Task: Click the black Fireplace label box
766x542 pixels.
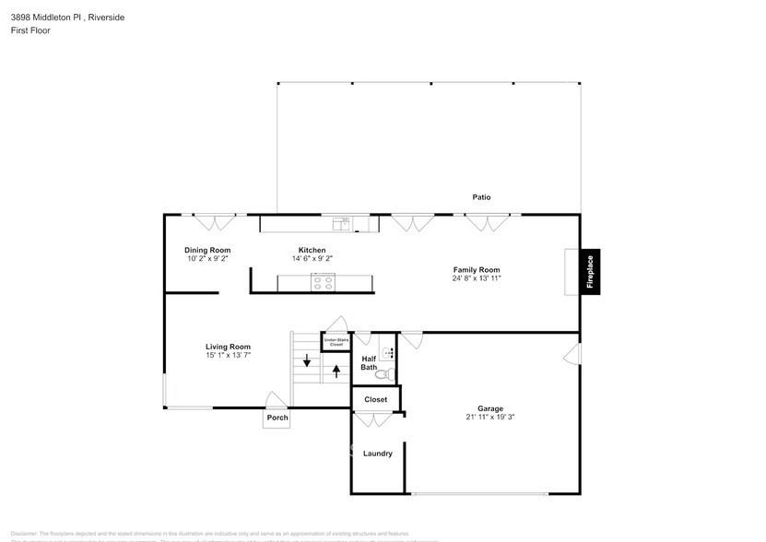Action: tap(591, 272)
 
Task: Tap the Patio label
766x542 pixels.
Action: tap(481, 197)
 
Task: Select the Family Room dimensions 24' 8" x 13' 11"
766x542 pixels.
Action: tap(476, 278)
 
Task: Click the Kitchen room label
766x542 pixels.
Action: tap(312, 250)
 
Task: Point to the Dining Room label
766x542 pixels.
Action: tap(207, 250)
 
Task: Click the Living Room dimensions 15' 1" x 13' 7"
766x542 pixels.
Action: tap(228, 355)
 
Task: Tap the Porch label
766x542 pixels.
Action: tap(277, 418)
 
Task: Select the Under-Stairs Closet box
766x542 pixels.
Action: tap(336, 342)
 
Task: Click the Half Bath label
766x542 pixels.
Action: tap(369, 363)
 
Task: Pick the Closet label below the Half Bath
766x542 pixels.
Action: tap(376, 400)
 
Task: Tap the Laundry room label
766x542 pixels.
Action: tap(377, 454)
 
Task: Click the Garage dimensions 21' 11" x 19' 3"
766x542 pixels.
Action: tap(489, 417)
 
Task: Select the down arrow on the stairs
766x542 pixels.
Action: tap(307, 359)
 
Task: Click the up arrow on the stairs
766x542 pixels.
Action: tap(336, 371)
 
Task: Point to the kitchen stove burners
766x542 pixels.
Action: tap(323, 283)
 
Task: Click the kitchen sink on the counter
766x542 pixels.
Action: tap(339, 222)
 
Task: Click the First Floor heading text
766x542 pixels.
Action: tap(30, 30)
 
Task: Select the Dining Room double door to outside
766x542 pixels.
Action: tap(215, 222)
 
